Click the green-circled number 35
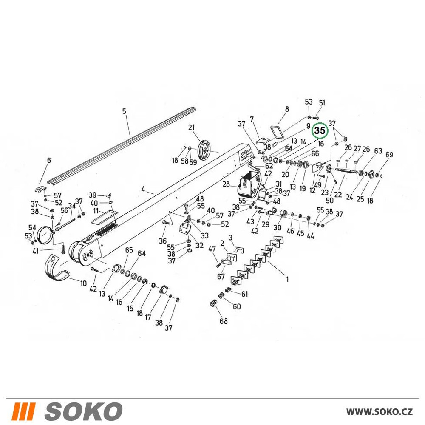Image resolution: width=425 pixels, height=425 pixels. pyautogui.click(x=320, y=131)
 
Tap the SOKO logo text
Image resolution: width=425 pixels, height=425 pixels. pyautogui.click(x=83, y=411)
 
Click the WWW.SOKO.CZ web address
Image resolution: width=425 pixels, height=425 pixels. pyautogui.click(x=380, y=411)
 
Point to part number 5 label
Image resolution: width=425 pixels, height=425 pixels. pyautogui.click(x=124, y=111)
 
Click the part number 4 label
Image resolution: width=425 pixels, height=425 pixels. pyautogui.click(x=143, y=189)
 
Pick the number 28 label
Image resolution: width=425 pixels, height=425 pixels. pyautogui.click(x=227, y=184)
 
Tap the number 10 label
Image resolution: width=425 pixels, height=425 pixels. pyautogui.click(x=83, y=283)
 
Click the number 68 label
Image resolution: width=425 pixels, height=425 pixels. pyautogui.click(x=224, y=321)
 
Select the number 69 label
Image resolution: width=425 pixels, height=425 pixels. pyautogui.click(x=389, y=155)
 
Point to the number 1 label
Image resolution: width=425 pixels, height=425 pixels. pyautogui.click(x=287, y=279)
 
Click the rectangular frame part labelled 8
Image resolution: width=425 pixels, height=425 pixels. pyautogui.click(x=277, y=132)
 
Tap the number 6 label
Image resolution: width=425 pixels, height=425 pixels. pyautogui.click(x=49, y=161)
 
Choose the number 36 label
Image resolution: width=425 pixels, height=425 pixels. pyautogui.click(x=163, y=241)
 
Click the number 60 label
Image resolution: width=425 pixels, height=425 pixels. pyautogui.click(x=237, y=306)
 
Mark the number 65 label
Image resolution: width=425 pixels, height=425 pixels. pyautogui.click(x=129, y=250)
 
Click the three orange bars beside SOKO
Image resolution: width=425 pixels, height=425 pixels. pyautogui.click(x=25, y=411)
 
